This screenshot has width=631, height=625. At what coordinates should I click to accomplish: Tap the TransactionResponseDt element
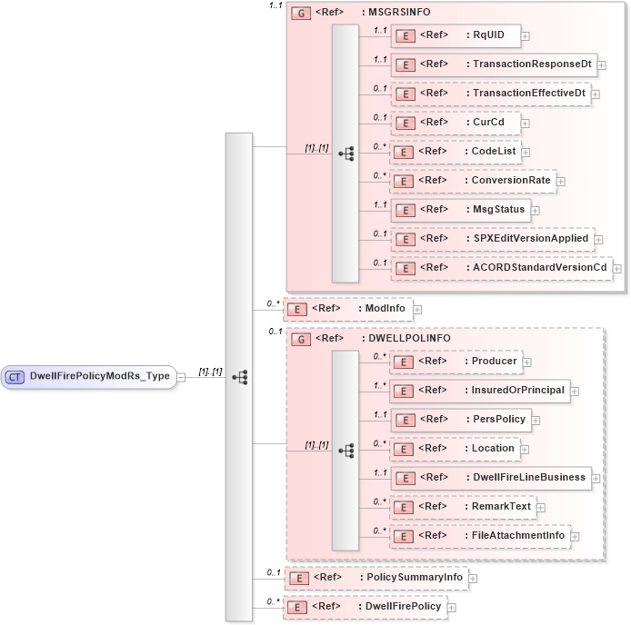click(493, 64)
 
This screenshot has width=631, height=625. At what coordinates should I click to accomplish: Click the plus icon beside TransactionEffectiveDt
click(596, 94)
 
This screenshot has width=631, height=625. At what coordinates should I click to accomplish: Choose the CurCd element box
click(455, 123)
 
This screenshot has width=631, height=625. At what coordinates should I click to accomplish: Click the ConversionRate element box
click(472, 181)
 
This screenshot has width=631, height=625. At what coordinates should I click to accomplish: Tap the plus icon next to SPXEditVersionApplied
click(599, 240)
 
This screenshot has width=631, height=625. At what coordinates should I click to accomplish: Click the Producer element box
click(455, 362)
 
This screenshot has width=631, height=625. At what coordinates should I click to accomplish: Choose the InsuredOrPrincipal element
click(479, 391)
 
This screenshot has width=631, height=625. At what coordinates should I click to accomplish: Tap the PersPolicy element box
click(466, 420)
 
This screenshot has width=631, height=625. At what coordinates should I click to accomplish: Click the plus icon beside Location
click(526, 450)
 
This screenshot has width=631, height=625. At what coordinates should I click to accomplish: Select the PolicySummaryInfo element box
click(375, 578)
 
